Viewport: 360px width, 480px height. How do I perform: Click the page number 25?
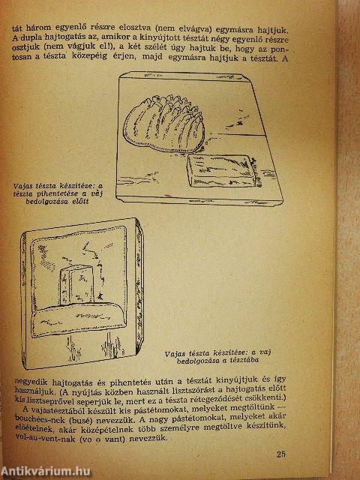tap(280, 454)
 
